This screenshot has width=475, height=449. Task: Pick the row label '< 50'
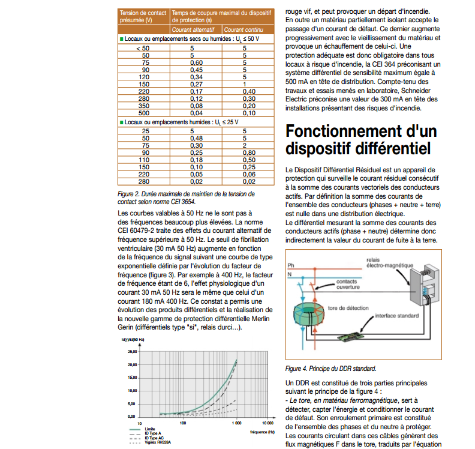[143, 48]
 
